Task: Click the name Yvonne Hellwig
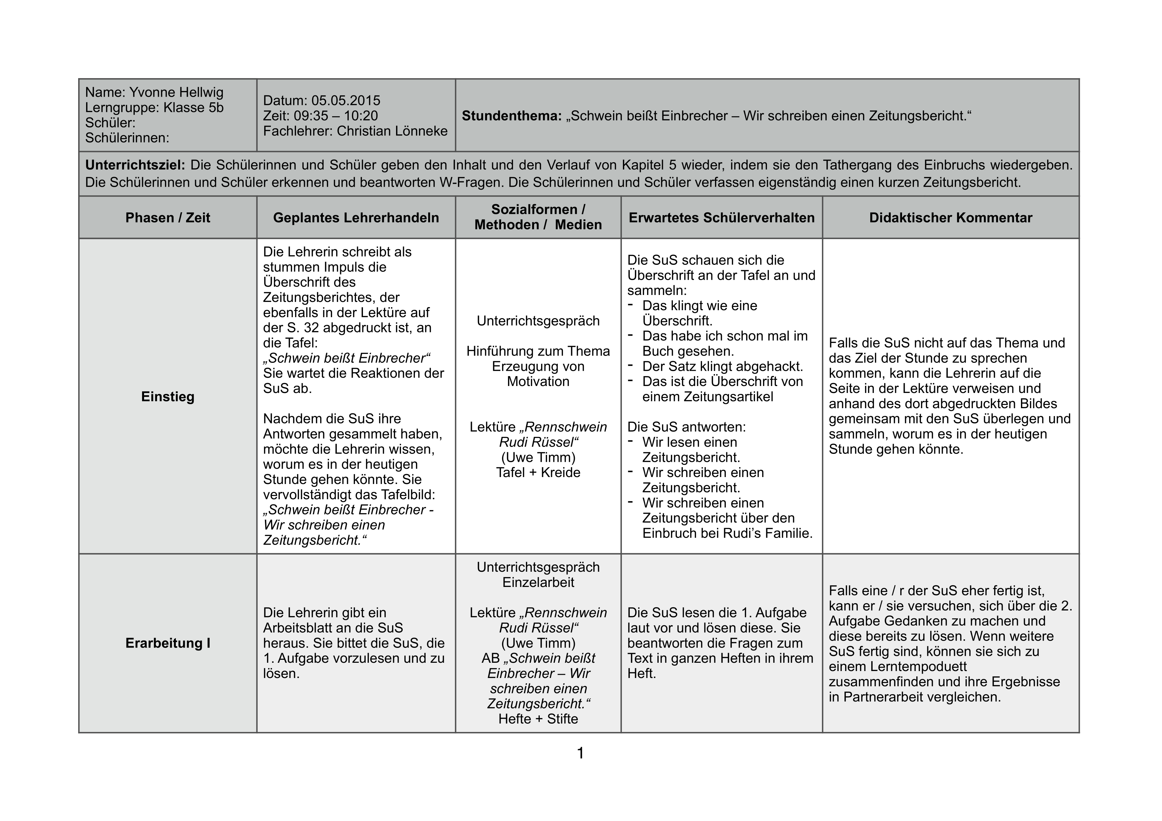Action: pyautogui.click(x=176, y=93)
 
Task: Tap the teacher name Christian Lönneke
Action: pyautogui.click(x=392, y=131)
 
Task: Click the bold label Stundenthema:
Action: pyautogui.click(x=512, y=116)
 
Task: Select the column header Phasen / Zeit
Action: pyautogui.click(x=168, y=217)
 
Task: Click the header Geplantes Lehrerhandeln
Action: pyautogui.click(x=356, y=217)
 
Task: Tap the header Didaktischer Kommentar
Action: pyautogui.click(x=950, y=217)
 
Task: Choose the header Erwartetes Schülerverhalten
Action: pyautogui.click(x=722, y=217)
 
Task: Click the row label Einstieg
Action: pyautogui.click(x=168, y=397)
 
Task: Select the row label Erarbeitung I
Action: pyautogui.click(x=168, y=643)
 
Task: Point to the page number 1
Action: pyautogui.click(x=581, y=753)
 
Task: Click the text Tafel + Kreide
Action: pyautogui.click(x=538, y=472)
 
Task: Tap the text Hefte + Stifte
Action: pyautogui.click(x=538, y=719)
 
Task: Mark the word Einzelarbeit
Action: pyautogui.click(x=538, y=582)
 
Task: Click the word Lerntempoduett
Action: pyautogui.click(x=897, y=667)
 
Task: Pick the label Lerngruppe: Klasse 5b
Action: pyautogui.click(x=154, y=108)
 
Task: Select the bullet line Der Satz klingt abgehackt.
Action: pyautogui.click(x=722, y=366)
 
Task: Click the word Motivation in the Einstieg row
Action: pyautogui.click(x=538, y=381)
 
